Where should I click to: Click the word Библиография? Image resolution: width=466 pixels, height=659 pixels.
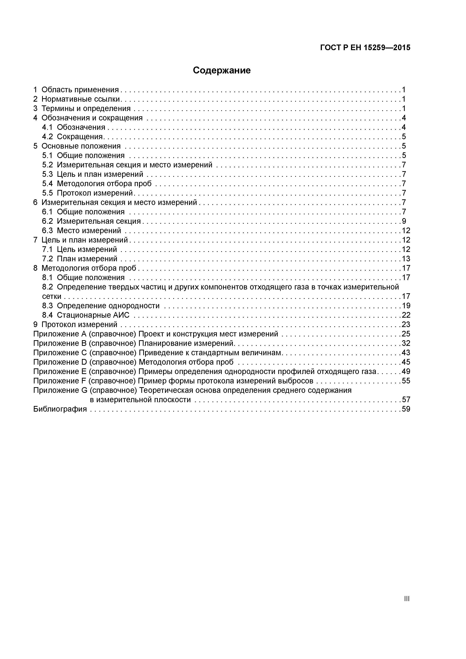(60, 409)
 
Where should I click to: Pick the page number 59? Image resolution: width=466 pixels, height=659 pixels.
(406, 409)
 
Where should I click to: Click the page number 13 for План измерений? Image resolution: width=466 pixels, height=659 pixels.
(406, 259)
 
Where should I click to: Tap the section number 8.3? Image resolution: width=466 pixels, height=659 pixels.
(47, 306)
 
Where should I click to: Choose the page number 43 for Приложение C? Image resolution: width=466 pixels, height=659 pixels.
(406, 353)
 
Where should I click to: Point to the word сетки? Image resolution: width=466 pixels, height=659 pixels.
(52, 296)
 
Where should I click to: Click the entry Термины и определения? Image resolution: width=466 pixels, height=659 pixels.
(86, 109)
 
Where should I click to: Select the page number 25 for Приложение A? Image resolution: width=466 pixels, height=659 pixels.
(406, 334)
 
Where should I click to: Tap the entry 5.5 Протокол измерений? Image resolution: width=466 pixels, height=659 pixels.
(87, 193)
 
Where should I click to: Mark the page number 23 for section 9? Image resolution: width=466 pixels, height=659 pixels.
(406, 325)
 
